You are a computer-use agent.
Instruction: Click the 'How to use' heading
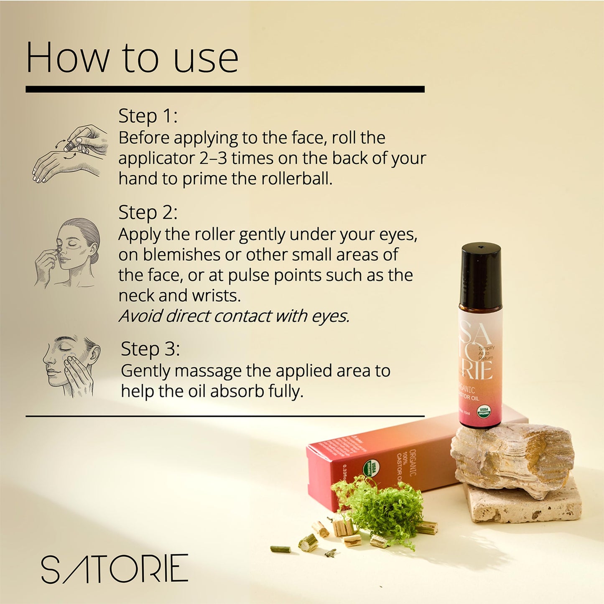(132, 58)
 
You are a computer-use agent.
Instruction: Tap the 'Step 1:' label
(148, 116)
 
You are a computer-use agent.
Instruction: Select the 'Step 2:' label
(148, 212)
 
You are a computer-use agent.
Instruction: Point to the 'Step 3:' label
(150, 349)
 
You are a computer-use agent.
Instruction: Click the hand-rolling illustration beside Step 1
(70, 153)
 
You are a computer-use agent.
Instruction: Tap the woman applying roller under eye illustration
(68, 252)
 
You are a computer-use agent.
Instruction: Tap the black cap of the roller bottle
(481, 276)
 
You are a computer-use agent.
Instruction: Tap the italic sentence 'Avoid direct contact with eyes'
(234, 316)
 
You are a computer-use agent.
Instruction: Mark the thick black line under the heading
(225, 89)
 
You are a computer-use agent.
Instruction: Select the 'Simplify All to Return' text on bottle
(486, 353)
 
